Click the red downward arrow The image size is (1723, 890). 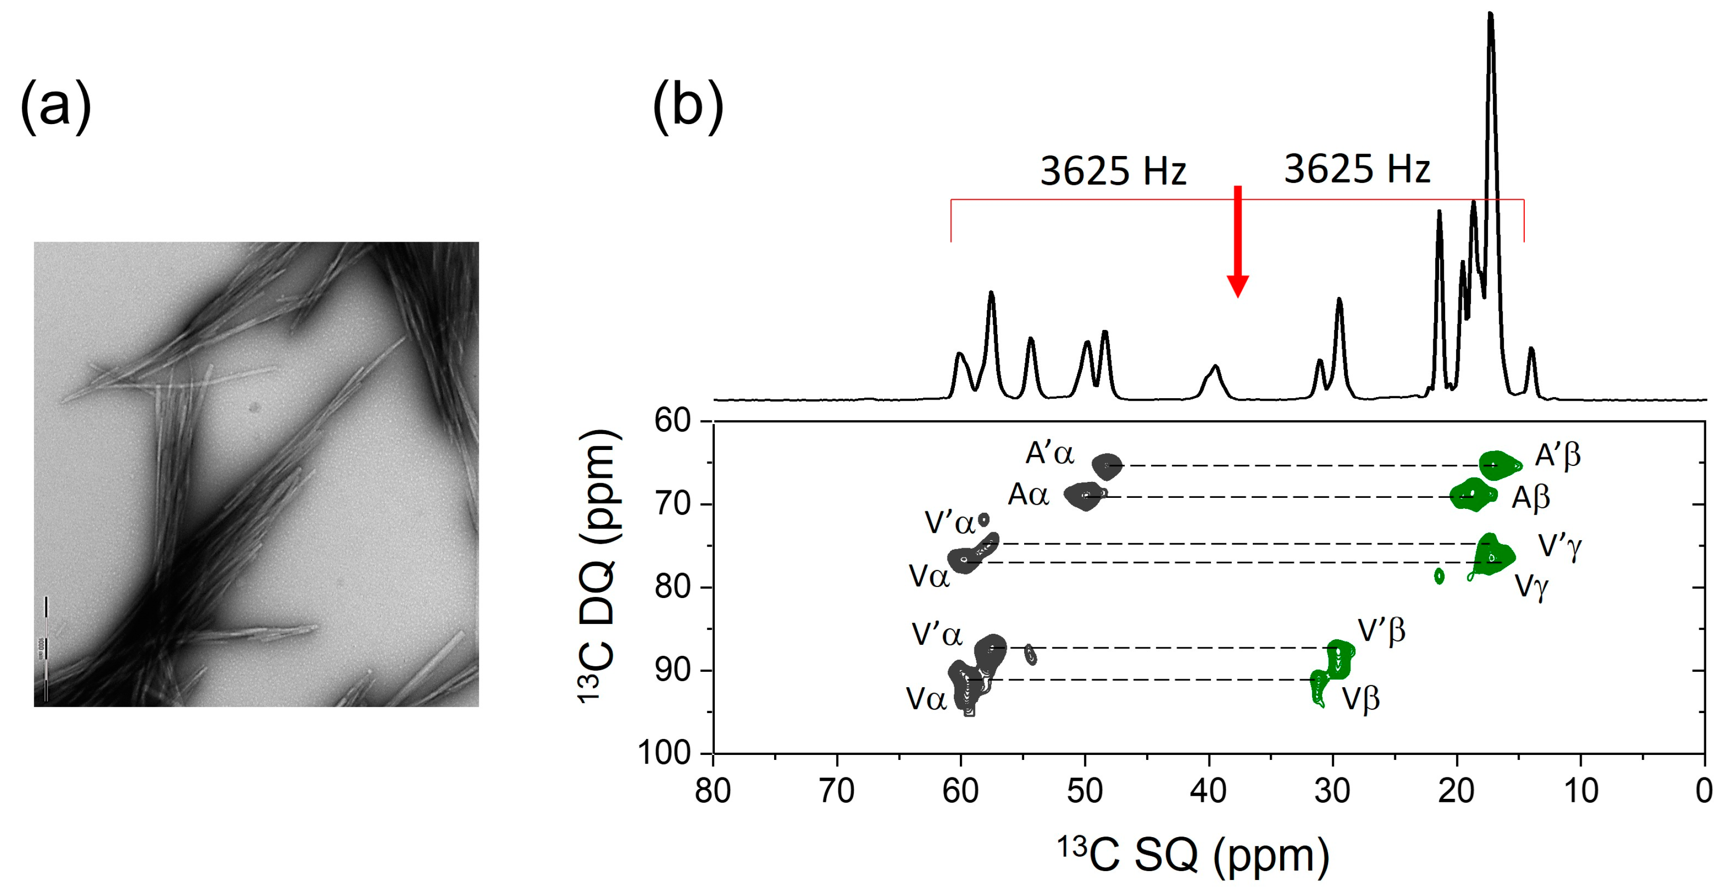click(1237, 244)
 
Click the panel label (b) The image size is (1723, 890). click(687, 106)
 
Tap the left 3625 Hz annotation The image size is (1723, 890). click(1113, 171)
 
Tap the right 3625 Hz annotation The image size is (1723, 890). click(1357, 168)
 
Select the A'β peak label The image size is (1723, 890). click(1558, 455)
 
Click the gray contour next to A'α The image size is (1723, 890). click(1106, 466)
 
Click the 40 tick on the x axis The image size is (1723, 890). click(1208, 790)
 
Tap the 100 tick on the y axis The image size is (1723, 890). click(664, 753)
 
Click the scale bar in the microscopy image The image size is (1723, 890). click(45, 648)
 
